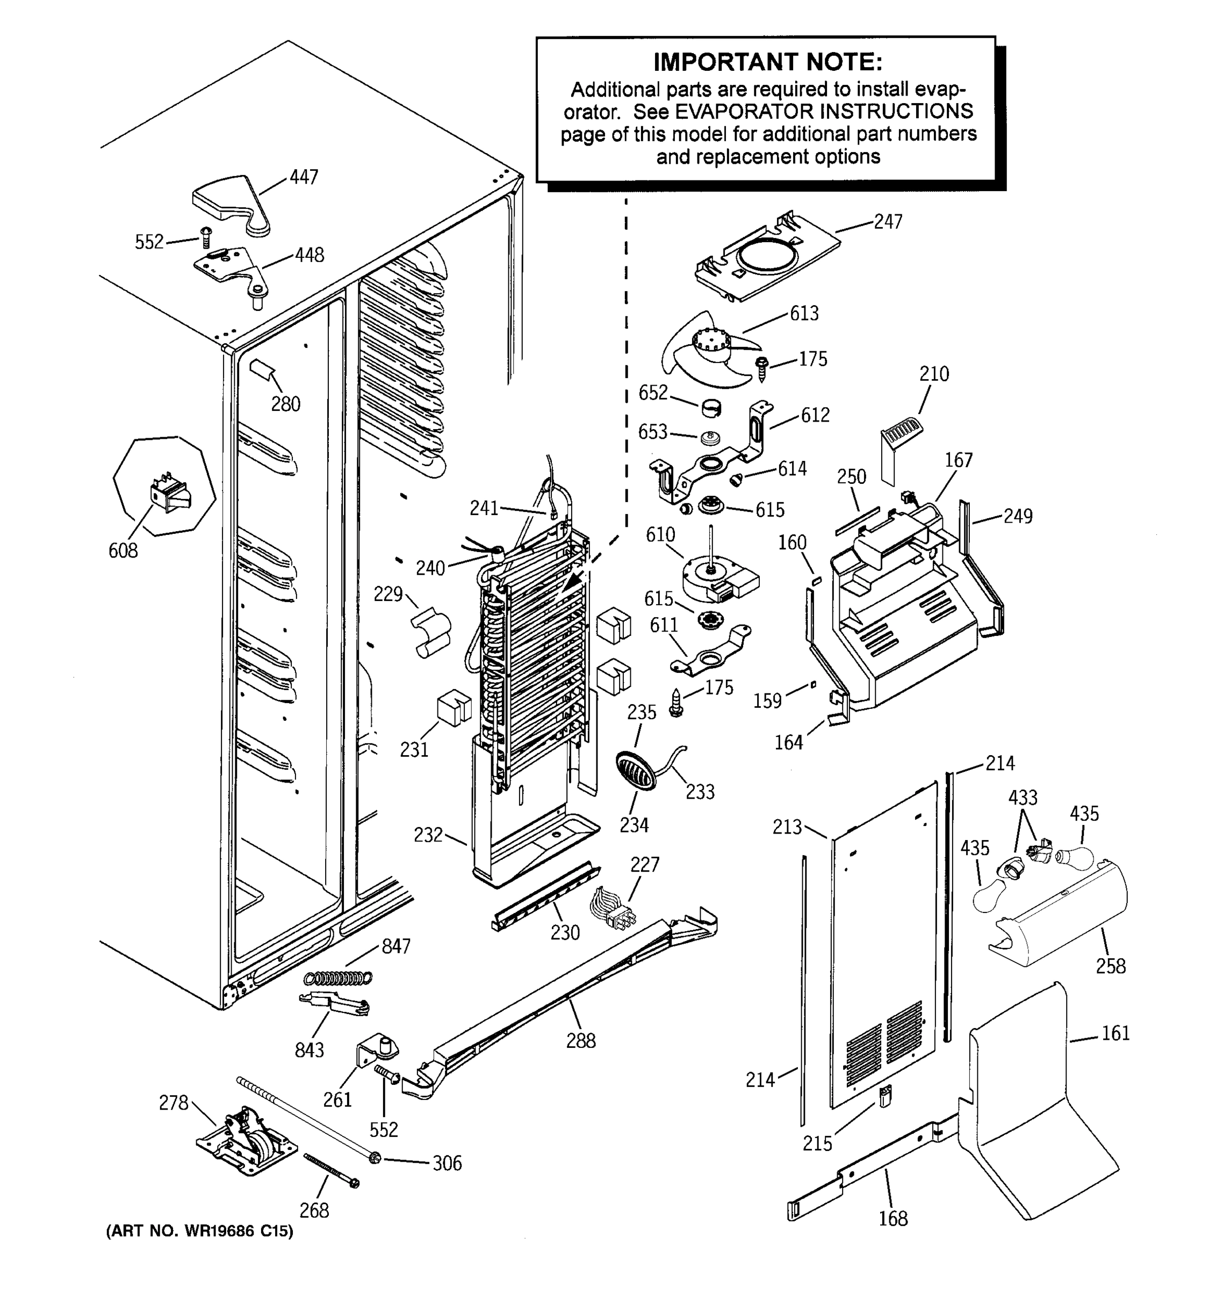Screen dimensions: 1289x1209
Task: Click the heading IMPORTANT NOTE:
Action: pos(767,62)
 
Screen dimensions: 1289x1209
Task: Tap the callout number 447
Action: pos(303,177)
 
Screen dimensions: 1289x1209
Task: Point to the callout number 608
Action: pos(123,551)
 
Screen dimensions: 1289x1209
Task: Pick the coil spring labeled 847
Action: pos(339,977)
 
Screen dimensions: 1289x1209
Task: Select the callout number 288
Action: pos(580,1041)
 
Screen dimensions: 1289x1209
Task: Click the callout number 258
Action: pos(1111,967)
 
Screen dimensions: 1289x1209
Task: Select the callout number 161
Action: pos(1116,1033)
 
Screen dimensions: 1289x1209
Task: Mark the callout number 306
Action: pos(447,1163)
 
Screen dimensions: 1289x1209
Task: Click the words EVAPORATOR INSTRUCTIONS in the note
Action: pos(824,112)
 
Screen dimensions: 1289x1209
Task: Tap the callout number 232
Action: pos(428,835)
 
